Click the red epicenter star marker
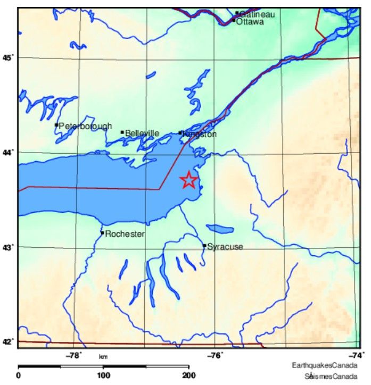click(189, 180)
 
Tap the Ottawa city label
click(250, 22)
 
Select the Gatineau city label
click(257, 14)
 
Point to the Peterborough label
click(85, 126)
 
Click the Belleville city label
click(142, 133)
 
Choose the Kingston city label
click(200, 135)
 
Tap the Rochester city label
click(125, 233)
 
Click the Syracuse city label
click(225, 247)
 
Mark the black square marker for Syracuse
click(204, 245)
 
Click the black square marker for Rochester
click(102, 232)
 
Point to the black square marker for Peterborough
click(56, 125)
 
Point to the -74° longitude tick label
click(354, 355)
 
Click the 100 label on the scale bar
click(103, 375)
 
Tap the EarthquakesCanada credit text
click(324, 366)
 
